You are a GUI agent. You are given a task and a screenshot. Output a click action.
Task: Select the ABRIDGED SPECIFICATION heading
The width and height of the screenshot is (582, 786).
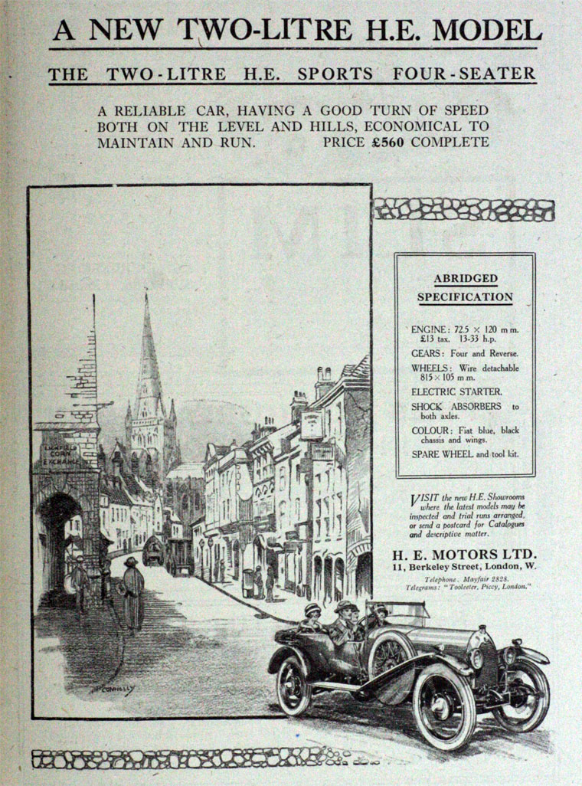click(465, 287)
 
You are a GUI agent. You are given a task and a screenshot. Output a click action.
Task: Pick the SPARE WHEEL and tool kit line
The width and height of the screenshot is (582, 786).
click(464, 454)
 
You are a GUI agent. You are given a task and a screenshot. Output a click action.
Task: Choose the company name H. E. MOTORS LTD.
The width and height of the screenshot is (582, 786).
click(464, 554)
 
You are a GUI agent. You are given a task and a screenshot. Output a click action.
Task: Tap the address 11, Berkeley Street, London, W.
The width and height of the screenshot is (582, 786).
click(464, 567)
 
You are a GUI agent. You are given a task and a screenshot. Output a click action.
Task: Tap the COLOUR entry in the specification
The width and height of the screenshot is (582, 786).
click(464, 435)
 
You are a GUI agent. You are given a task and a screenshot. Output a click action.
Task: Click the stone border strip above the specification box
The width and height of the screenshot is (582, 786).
click(463, 209)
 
